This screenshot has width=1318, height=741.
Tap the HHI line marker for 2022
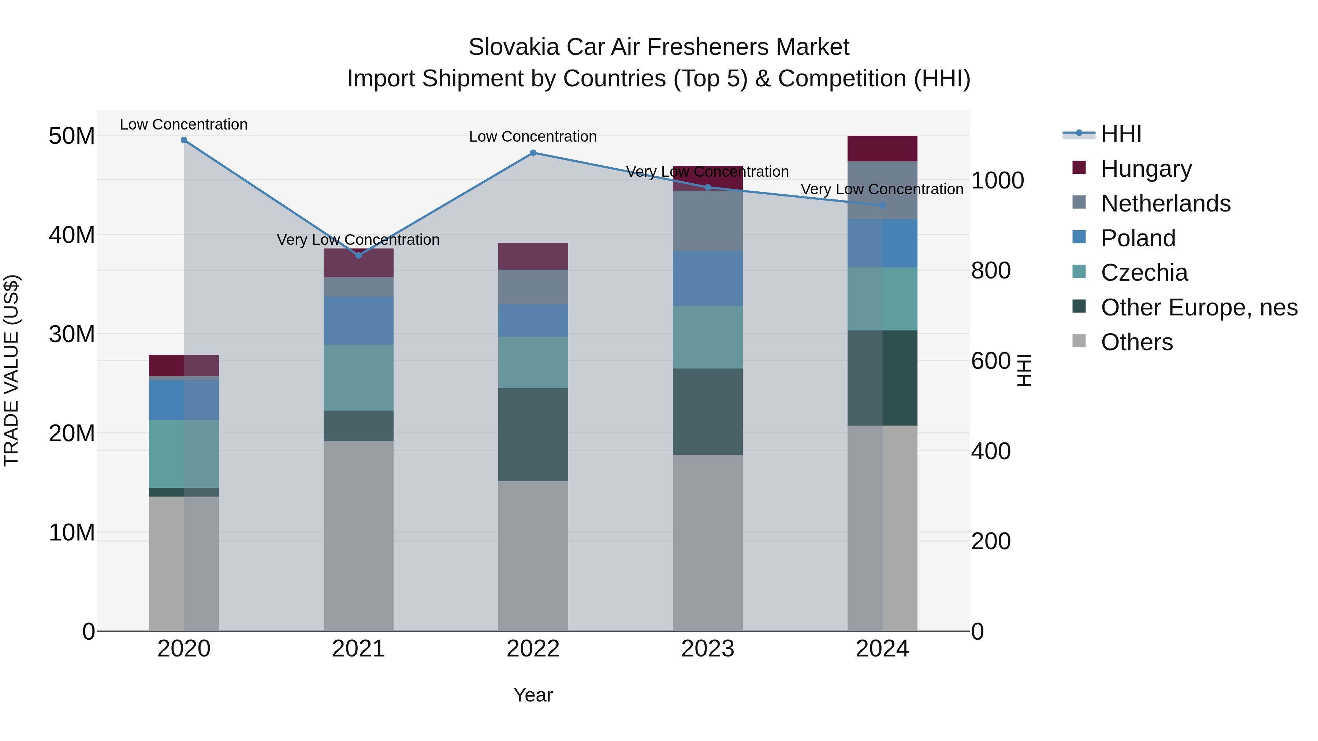[533, 152]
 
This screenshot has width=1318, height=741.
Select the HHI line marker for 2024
[882, 205]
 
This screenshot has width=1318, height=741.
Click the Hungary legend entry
[1146, 169]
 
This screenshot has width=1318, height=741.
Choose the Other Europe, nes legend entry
[1199, 307]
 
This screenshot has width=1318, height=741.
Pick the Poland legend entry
[1138, 238]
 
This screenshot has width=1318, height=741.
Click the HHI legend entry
[1121, 134]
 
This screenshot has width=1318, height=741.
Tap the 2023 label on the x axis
[708, 649]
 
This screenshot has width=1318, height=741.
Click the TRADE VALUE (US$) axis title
[11, 370]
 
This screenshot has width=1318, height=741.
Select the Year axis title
[533, 695]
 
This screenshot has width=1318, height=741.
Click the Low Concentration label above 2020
[184, 124]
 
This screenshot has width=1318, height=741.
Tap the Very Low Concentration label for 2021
[358, 239]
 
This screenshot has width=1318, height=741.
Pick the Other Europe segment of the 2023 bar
[708, 411]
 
